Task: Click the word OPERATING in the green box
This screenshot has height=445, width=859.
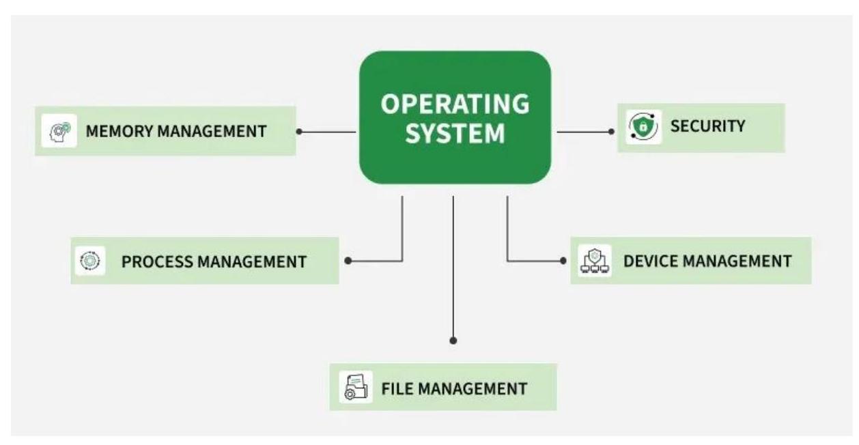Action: click(455, 104)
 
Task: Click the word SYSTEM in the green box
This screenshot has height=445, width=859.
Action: click(455, 133)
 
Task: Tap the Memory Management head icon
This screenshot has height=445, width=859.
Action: click(59, 130)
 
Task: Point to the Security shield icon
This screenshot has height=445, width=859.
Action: click(643, 127)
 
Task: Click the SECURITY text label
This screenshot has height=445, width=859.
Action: click(707, 126)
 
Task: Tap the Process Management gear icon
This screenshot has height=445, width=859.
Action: click(90, 260)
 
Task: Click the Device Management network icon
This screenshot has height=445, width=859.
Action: click(594, 261)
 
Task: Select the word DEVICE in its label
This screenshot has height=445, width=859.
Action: click(649, 261)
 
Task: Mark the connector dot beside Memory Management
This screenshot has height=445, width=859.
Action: click(299, 132)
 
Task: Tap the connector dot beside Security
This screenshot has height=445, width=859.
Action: click(612, 131)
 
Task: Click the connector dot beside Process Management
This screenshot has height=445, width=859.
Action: click(348, 261)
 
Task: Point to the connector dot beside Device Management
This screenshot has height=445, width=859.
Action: click(563, 261)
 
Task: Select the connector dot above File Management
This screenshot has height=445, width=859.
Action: click(453, 340)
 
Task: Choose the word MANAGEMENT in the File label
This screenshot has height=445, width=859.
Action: click(473, 388)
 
